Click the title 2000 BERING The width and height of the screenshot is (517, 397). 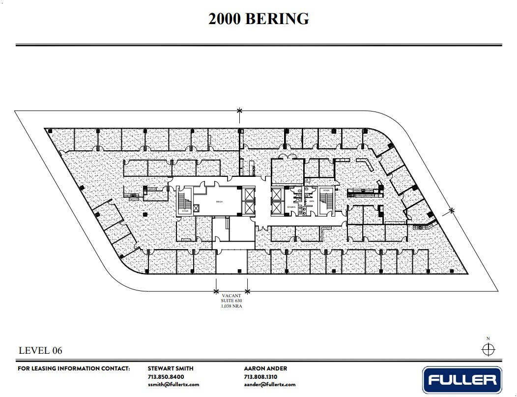click(x=258, y=19)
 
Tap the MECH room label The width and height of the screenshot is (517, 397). click(x=220, y=201)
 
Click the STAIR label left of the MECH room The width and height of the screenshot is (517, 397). click(x=185, y=211)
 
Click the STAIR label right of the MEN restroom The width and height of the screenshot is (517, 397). click(x=326, y=190)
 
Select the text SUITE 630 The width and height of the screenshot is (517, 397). click(x=232, y=301)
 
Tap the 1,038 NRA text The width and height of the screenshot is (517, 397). click(x=232, y=306)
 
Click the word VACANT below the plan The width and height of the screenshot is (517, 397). click(x=232, y=296)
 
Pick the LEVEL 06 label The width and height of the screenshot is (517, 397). click(x=40, y=350)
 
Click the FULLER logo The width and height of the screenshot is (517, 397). click(x=462, y=379)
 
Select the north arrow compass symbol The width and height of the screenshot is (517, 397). click(x=488, y=349)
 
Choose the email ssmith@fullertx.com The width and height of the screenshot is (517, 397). click(x=173, y=385)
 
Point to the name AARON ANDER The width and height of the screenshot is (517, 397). click(x=265, y=368)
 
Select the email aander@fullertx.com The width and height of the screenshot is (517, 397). click(x=270, y=385)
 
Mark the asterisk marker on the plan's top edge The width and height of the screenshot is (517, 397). click(x=239, y=111)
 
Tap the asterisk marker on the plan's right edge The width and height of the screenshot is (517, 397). click(x=452, y=211)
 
